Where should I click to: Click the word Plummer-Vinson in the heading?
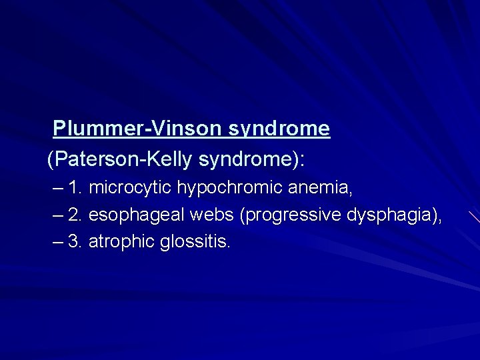tap(138, 128)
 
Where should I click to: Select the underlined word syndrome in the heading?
tap(279, 128)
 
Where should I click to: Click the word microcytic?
tap(130, 189)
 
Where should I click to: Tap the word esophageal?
tap(137, 215)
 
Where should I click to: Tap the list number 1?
tap(75, 189)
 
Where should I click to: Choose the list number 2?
tap(75, 215)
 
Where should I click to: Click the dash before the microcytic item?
tap(58, 189)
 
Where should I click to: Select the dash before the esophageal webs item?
tap(58, 215)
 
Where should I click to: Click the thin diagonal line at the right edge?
tap(474, 216)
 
